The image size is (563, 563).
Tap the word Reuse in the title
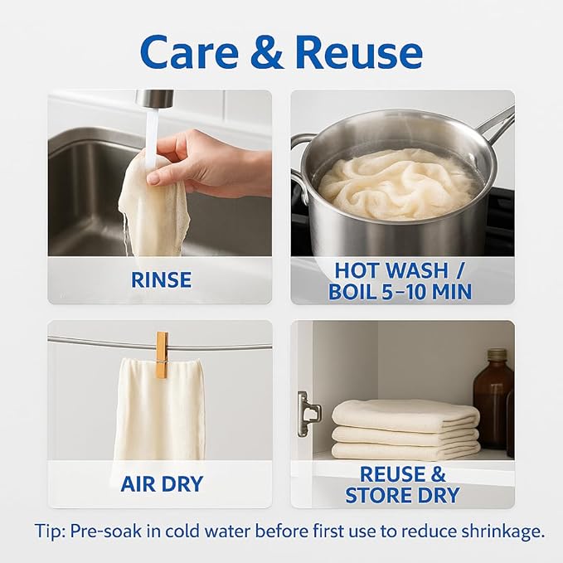[359, 52]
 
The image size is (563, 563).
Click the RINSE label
[161, 280]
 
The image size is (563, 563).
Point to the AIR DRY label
[162, 484]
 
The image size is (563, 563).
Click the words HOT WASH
[391, 270]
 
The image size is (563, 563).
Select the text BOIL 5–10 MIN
[400, 292]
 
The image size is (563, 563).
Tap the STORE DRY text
[402, 495]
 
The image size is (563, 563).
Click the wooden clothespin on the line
[162, 355]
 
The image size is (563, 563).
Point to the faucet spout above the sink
[154, 99]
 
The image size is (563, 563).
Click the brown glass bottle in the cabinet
[493, 399]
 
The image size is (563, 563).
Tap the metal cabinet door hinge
[308, 413]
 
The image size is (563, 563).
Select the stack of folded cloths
[405, 430]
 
